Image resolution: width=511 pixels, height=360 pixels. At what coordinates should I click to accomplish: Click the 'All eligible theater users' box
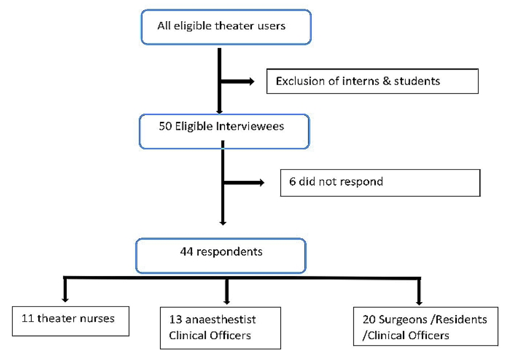pos(226,27)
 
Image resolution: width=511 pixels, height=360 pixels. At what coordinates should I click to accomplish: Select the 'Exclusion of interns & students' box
pos(373,81)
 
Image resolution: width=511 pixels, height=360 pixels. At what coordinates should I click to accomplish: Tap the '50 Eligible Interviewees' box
pos(224,132)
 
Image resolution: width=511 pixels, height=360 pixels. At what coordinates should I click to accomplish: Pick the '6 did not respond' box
pos(380,182)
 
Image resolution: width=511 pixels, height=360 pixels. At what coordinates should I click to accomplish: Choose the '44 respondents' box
pos(221,256)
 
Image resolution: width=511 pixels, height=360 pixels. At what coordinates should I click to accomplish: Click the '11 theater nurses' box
pos(71,321)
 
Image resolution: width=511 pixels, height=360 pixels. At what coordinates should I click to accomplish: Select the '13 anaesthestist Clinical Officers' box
pos(221,328)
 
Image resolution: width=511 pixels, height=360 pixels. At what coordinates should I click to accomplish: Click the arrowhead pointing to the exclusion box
pos(251,81)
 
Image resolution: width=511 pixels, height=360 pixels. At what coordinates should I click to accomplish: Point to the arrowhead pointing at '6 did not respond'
pos(262,182)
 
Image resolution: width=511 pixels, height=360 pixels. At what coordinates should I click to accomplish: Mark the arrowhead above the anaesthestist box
pos(227,302)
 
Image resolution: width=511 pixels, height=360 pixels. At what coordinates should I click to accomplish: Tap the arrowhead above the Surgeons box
pos(419,303)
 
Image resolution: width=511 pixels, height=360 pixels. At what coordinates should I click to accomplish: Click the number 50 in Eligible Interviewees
pos(166,126)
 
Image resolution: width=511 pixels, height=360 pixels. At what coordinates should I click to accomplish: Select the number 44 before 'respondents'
pos(186,252)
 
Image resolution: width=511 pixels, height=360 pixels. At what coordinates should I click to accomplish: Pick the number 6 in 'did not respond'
pos(293,182)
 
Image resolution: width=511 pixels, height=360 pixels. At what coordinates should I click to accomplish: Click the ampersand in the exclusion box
pos(387,81)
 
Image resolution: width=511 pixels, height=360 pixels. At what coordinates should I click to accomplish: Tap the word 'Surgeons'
pos(403,320)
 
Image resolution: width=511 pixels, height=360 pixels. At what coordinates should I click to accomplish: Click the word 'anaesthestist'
pos(221,320)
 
